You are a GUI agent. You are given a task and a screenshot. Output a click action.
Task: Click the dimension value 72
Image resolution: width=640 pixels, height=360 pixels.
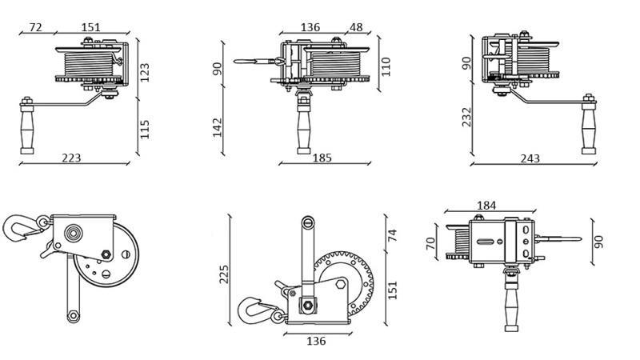(x=35, y=27)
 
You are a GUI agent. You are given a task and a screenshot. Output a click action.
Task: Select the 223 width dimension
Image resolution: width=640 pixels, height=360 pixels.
(x=72, y=158)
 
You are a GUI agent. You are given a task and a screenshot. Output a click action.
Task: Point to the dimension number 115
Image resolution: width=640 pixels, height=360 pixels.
(x=145, y=128)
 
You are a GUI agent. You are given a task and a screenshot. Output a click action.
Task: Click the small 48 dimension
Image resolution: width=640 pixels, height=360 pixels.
(x=356, y=27)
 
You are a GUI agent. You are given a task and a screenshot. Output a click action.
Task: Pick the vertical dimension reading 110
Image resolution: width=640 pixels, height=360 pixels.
(x=386, y=66)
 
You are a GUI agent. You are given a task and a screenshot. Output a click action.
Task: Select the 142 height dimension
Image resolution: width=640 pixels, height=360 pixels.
(x=217, y=126)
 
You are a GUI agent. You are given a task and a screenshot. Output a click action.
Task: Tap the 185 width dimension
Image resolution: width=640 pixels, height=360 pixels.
(x=322, y=158)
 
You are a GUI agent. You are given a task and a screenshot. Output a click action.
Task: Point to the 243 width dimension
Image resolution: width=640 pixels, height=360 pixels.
(x=530, y=158)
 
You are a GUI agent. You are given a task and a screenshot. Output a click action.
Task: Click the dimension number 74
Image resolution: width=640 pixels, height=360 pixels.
(x=392, y=234)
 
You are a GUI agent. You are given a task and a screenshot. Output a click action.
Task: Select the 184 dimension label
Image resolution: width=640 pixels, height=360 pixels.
(x=486, y=206)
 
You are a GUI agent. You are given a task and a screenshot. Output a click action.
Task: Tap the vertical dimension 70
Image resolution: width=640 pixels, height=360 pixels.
(x=430, y=243)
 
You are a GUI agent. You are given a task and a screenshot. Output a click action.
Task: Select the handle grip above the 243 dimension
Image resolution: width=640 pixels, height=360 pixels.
(x=590, y=128)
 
